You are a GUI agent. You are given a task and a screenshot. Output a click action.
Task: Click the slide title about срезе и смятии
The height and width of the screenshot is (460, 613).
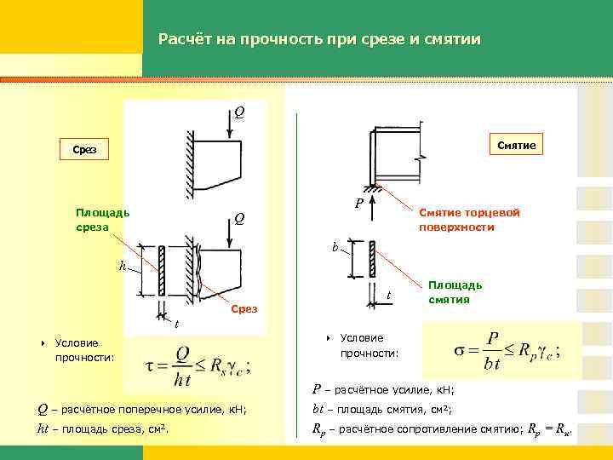tap(319, 39)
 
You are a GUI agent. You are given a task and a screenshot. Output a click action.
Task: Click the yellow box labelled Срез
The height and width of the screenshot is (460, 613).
tap(84, 151)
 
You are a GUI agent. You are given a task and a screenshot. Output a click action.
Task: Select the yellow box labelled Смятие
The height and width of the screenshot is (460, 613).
tap(513, 146)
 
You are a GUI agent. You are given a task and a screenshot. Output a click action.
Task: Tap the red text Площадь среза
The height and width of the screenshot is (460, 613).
tap(102, 220)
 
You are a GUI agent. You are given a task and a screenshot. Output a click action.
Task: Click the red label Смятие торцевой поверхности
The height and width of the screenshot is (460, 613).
tap(468, 220)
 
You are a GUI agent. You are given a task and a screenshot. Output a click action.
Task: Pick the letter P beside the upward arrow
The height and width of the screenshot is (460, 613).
tap(359, 204)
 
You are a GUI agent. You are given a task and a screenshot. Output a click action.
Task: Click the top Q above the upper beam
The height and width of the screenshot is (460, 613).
tap(240, 112)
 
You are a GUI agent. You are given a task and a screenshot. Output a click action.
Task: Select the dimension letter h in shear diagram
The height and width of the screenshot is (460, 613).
tap(123, 266)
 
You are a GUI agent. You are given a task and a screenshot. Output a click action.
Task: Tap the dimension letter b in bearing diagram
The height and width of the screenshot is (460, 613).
tap(335, 248)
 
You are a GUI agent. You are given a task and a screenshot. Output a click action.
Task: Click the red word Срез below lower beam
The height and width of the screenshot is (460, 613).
tap(243, 309)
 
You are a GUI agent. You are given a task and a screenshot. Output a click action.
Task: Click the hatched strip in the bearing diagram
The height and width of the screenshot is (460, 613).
tap(372, 258)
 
